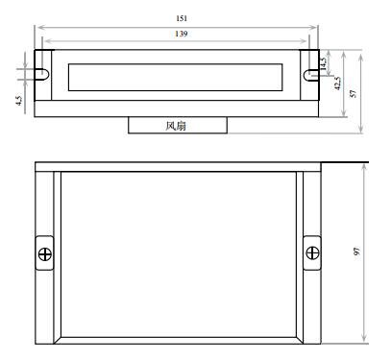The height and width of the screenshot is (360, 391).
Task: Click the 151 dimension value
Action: [182, 18]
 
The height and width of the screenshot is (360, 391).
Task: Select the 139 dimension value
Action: [182, 34]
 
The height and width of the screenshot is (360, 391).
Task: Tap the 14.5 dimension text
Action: [323, 63]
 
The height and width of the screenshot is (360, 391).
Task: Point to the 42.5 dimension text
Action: [337, 84]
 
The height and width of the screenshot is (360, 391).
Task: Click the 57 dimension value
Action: [353, 93]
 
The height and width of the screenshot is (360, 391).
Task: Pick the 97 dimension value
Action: [356, 252]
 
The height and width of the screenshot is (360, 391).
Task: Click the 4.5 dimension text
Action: [19, 101]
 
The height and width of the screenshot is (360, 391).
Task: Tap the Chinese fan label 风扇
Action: [176, 126]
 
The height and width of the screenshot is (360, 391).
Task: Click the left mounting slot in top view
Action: [42, 74]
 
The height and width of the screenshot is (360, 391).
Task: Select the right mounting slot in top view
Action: [310, 75]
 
